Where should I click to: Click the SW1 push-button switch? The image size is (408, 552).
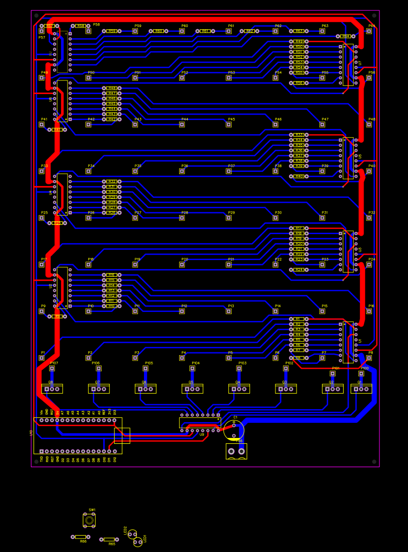(89, 520)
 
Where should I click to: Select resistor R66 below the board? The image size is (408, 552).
(80, 537)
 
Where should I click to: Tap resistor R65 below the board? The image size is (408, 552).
(109, 539)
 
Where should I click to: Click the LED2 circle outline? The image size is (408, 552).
(132, 534)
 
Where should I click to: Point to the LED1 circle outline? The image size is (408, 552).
(138, 542)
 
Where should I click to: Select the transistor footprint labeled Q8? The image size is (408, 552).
(52, 389)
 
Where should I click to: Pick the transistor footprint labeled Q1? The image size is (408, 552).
(361, 389)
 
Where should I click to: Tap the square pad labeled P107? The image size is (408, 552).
(52, 368)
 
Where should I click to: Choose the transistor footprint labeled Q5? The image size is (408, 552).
(192, 389)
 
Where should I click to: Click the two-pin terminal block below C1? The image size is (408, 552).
(236, 451)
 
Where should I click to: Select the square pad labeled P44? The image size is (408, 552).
(182, 124)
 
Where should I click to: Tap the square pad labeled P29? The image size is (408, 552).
(229, 218)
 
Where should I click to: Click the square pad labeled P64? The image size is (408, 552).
(369, 31)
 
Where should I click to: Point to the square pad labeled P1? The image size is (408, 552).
(42, 357)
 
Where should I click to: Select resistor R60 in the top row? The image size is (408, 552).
(159, 31)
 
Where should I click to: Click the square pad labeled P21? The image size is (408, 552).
(229, 264)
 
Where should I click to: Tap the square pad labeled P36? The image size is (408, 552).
(182, 171)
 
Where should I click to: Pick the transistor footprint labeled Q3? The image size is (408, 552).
(286, 389)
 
